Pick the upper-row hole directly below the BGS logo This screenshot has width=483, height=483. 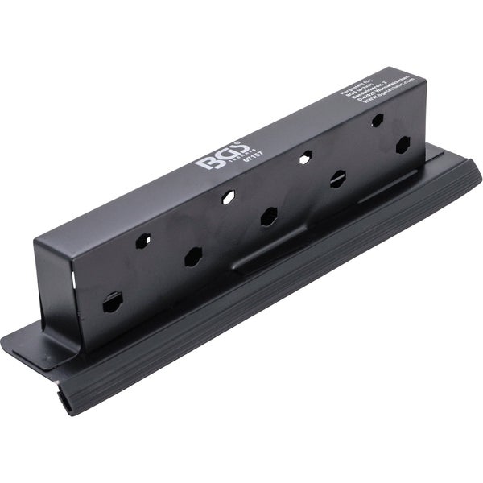point(229,196)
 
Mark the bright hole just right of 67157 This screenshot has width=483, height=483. point(305,157)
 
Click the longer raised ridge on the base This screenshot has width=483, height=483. point(266,257)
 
